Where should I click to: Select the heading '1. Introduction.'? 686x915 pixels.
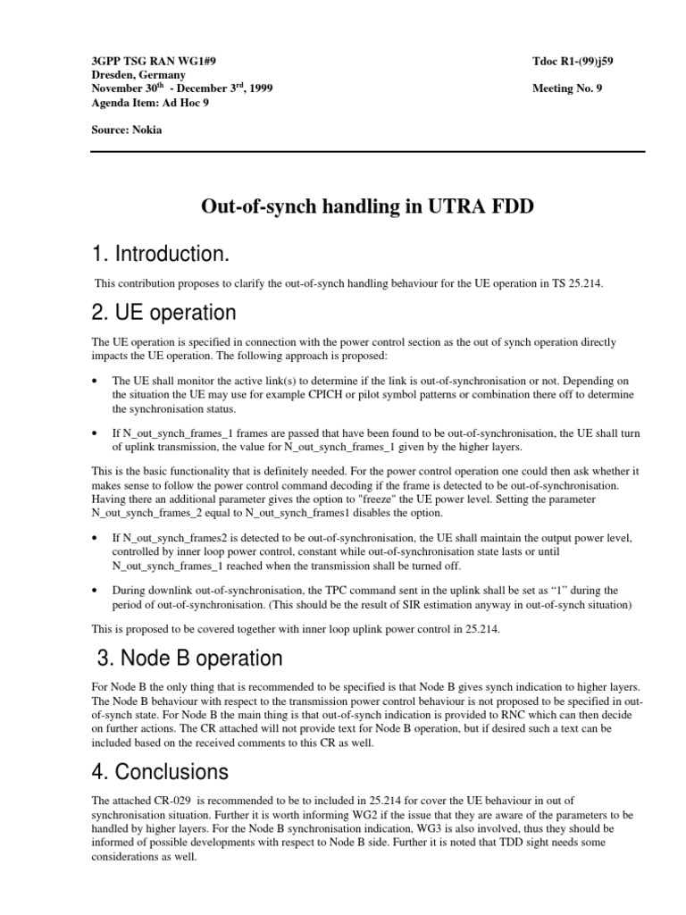pos(161,256)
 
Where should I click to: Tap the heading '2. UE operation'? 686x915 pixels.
pos(164,313)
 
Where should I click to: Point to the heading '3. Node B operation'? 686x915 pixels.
pos(189,659)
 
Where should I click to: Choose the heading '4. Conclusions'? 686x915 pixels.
pos(161,770)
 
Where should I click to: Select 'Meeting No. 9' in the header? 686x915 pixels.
pos(567,88)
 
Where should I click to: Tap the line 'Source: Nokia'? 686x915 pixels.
pos(127,130)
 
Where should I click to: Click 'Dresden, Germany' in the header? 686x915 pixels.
pos(138,75)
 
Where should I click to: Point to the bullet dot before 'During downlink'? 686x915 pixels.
pos(96,591)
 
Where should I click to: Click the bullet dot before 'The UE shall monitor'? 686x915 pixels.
pos(96,380)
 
